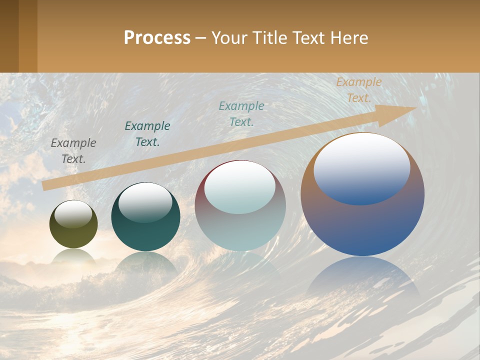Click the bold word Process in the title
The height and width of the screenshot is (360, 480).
pos(157,38)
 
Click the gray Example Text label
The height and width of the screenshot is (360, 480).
pos(73,150)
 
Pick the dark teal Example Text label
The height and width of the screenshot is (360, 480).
pos(147,133)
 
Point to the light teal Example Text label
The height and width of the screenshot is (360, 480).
pos(241,113)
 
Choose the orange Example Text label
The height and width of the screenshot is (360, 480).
pos(358,90)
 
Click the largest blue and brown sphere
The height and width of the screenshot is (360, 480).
pos(362,220)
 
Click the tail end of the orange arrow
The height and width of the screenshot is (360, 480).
pos(46,185)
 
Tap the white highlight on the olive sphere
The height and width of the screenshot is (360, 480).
pos(73,214)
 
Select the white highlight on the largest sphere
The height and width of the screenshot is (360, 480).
pos(362,167)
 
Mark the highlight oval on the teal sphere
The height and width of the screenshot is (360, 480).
pos(145,202)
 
